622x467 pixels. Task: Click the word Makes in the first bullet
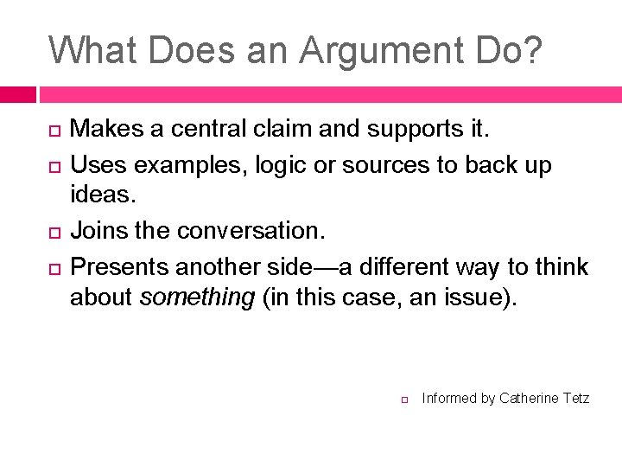coord(103,130)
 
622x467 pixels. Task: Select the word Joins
coord(98,231)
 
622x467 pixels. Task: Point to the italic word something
coord(197,297)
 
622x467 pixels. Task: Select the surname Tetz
coord(575,398)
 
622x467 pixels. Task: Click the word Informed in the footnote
coord(448,398)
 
